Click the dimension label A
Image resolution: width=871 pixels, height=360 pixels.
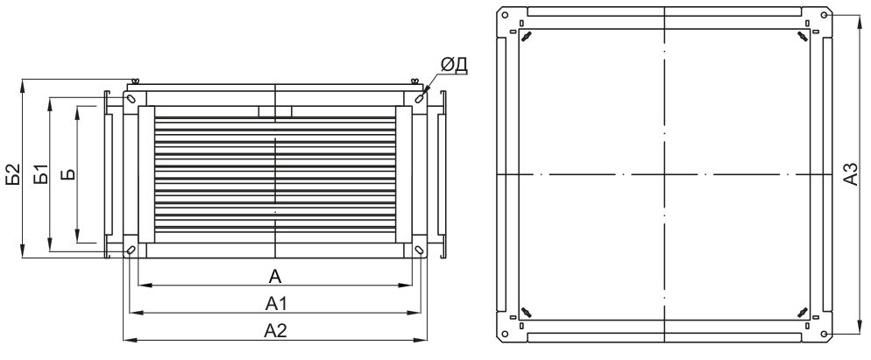point(274,277)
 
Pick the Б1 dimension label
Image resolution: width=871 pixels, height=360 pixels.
point(39,175)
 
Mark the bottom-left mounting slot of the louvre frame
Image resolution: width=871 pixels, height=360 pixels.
point(131,251)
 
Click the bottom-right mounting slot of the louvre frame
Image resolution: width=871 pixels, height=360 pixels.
point(420,251)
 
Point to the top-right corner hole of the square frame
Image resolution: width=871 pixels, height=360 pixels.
point(825,15)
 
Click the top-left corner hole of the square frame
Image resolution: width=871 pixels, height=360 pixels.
point(504,15)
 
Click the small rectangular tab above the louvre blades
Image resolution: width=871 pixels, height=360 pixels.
point(275,111)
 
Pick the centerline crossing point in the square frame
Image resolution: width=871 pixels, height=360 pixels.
point(664,174)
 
